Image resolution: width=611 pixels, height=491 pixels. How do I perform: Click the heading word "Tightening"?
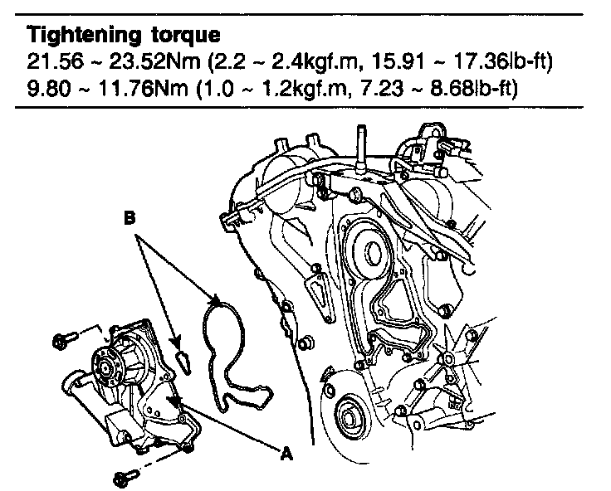(x=72, y=36)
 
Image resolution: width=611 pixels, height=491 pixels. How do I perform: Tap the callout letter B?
(x=130, y=220)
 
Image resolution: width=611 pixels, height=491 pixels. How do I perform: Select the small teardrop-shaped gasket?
(x=183, y=359)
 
